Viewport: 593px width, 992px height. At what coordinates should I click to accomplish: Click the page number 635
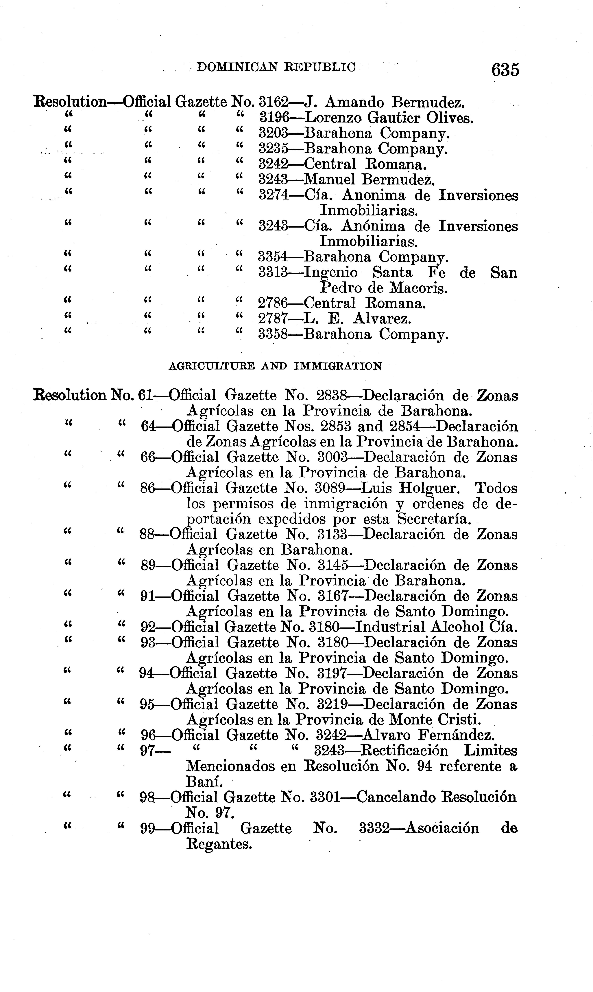[505, 69]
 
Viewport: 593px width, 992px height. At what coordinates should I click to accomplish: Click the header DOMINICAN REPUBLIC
[276, 67]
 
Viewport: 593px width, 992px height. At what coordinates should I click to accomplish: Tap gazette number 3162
[274, 103]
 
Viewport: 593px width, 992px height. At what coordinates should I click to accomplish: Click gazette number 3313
[273, 273]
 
